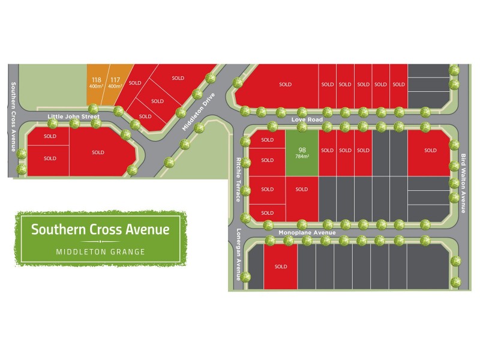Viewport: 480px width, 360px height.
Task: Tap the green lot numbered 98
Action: tap(301, 152)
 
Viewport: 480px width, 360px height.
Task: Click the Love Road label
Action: tap(307, 120)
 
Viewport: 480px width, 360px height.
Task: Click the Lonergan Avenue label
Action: tap(238, 254)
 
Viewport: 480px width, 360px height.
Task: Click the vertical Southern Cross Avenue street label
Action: tap(13, 116)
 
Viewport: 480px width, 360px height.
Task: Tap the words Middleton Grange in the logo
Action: tap(100, 252)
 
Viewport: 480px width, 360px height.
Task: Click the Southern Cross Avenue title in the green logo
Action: tap(100, 229)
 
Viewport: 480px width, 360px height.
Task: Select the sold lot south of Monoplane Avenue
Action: tap(281, 266)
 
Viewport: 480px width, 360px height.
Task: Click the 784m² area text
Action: tap(301, 157)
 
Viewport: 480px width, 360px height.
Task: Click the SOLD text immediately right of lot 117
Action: tap(134, 83)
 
